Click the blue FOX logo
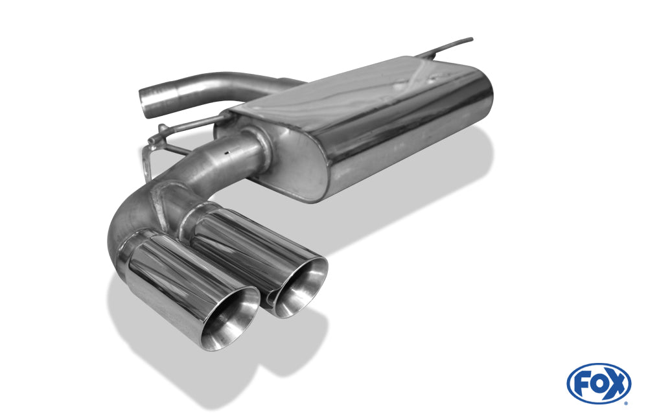coord(598,384)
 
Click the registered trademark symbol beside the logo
coord(626,403)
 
